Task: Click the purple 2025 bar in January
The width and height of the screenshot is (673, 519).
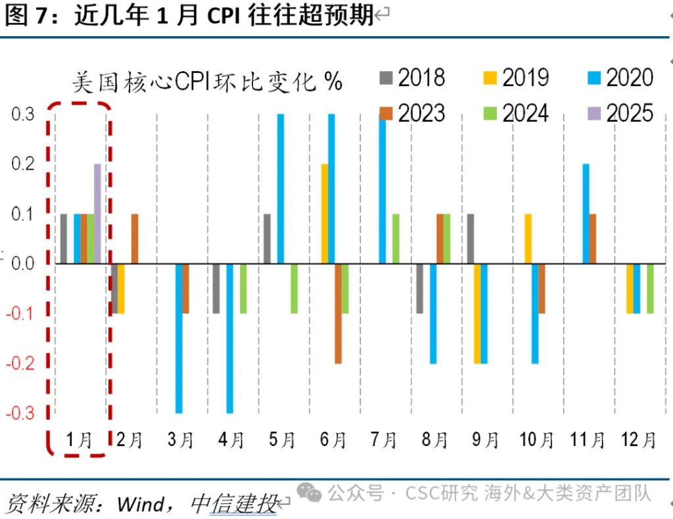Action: [x=97, y=214]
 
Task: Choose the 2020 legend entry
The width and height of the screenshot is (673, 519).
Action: [x=620, y=78]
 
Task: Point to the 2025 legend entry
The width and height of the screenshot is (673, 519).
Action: [x=620, y=113]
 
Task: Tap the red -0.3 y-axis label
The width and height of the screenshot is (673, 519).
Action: [x=20, y=413]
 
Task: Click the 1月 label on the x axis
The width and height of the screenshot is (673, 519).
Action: [x=79, y=440]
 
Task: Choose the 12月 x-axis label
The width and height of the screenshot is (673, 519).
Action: [x=638, y=440]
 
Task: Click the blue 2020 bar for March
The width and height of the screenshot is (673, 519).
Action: [x=179, y=338]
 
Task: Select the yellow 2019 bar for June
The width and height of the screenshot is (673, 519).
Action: [x=325, y=214]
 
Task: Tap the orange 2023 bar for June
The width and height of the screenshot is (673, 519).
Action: [x=338, y=313]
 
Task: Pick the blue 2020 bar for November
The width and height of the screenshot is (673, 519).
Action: [x=586, y=214]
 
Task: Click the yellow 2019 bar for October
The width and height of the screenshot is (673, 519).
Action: [x=528, y=239]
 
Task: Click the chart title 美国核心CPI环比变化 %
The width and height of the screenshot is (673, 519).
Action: [x=207, y=82]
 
